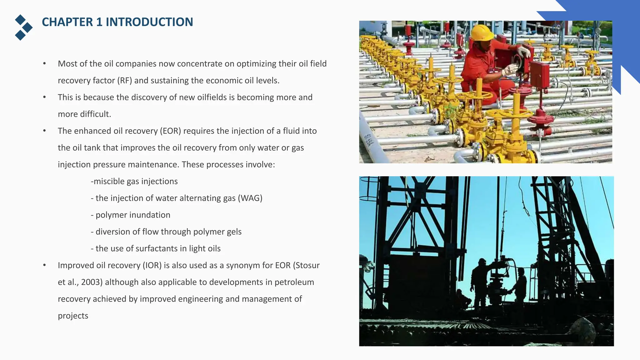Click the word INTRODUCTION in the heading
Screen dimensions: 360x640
point(149,22)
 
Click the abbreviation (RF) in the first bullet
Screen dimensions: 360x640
point(125,81)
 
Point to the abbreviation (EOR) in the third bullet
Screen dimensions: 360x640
point(170,131)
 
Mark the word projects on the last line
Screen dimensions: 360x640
point(73,316)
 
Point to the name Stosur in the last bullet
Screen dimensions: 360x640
point(307,265)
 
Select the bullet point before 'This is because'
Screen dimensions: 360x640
point(45,97)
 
